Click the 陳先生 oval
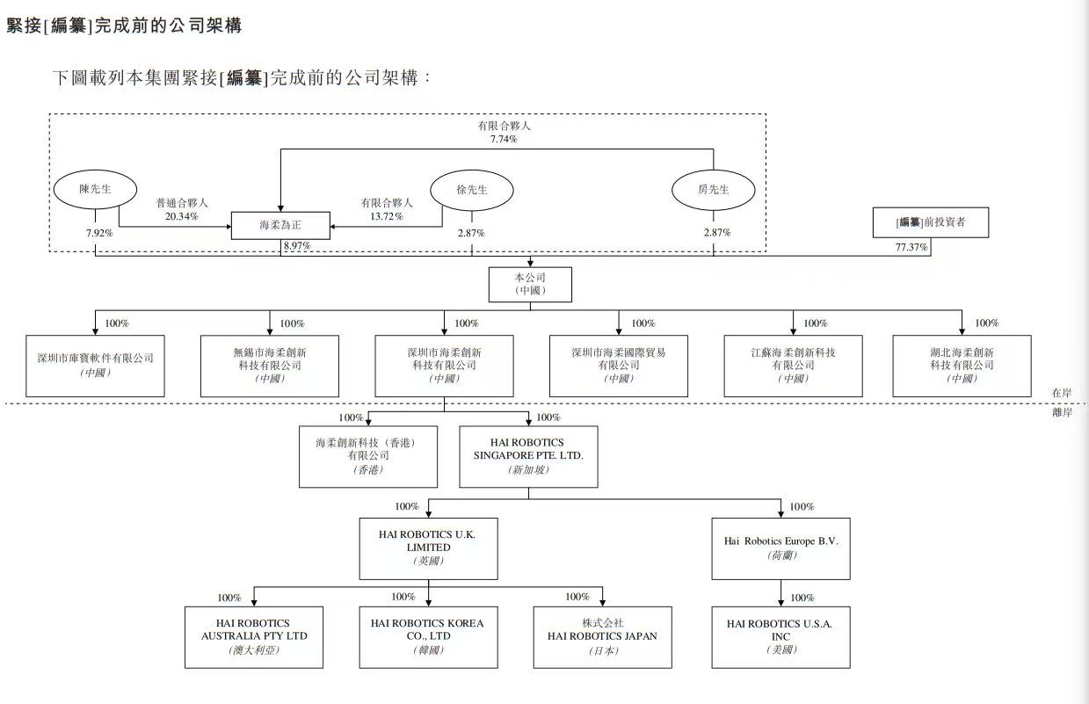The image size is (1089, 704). coord(95,189)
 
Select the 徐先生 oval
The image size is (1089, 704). coord(471,190)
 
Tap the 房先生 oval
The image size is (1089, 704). coord(713,189)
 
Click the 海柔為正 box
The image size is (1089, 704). coord(281,225)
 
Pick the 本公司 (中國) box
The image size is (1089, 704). coord(530,285)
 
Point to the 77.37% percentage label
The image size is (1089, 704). coord(911,248)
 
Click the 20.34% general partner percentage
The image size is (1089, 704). coord(181,215)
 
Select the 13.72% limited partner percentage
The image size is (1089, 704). coord(387,215)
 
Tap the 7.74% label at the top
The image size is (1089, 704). coord(504,139)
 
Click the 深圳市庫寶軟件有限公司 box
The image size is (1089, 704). coord(95,365)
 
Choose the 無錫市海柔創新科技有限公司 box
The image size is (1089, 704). coord(270,365)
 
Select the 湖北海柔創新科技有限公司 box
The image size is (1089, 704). coord(962,365)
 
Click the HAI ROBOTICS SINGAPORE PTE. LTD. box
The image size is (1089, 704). coord(528,456)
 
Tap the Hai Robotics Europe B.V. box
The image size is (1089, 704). coord(780,548)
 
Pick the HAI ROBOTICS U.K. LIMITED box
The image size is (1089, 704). coord(428,548)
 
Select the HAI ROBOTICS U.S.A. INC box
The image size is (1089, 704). coord(780,636)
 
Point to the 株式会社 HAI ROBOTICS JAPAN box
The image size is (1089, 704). coord(602,636)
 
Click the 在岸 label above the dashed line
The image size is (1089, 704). coord(1062,392)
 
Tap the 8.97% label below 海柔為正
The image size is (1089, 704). coord(298,246)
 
